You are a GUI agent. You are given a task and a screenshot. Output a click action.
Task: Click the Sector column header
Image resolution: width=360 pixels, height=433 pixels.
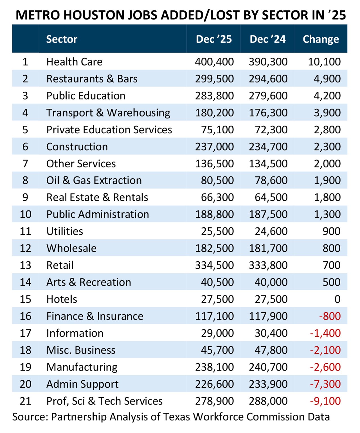62,39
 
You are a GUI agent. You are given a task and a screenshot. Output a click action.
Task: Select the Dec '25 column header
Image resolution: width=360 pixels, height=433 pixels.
214,39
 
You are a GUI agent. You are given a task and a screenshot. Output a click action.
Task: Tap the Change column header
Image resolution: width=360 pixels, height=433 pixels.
321,39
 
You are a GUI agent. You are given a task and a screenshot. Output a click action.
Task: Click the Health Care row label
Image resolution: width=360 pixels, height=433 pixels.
74,62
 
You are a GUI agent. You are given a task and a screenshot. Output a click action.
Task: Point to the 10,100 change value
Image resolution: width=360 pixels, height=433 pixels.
324,62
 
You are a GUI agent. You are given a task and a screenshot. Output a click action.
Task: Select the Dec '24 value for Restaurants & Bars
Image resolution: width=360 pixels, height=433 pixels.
268,79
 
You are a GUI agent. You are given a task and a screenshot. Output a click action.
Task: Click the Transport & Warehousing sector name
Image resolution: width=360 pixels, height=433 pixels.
108,113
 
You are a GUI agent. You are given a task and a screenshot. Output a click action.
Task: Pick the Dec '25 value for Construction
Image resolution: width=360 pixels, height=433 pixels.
214,147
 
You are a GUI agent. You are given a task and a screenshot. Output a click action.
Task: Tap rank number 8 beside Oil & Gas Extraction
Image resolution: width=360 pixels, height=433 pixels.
25,180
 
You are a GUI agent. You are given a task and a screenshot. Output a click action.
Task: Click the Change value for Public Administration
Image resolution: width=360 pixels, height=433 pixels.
327,214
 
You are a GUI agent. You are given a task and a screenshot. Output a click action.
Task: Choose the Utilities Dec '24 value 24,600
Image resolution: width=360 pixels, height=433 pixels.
271,231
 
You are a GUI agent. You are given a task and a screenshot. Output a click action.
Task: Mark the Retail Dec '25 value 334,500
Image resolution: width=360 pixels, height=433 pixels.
214,265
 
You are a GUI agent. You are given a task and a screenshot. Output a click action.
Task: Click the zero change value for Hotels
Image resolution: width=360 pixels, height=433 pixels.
337,299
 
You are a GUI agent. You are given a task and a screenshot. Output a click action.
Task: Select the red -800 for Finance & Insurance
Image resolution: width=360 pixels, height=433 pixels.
330,316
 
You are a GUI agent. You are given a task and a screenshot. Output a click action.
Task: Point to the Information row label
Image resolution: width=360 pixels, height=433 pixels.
75,333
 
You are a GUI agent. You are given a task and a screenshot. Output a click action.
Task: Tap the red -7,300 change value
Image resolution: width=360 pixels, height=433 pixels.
325,384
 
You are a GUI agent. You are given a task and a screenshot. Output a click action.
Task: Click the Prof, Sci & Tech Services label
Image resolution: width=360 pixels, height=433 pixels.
104,401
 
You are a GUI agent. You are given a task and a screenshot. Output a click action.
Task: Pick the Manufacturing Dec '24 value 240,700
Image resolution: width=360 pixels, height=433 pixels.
268,367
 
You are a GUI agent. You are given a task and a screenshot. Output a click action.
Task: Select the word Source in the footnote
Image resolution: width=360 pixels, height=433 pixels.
30,417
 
